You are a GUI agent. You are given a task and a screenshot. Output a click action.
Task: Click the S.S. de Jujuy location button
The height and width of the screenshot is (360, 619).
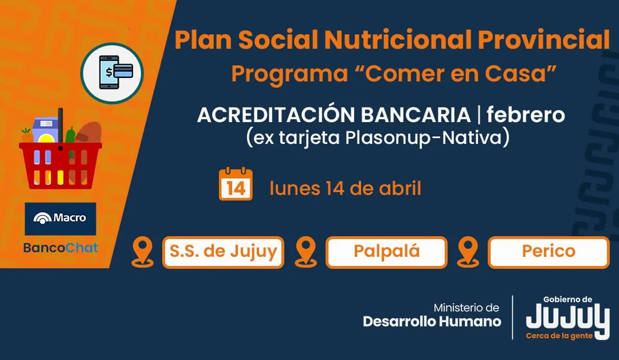coord(223,252)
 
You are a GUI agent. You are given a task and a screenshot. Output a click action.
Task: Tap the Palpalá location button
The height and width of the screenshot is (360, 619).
coord(386,252)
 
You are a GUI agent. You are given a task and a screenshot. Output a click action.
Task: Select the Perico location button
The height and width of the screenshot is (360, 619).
coord(549,252)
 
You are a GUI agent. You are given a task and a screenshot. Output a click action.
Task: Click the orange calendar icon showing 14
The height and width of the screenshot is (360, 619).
coord(236,184)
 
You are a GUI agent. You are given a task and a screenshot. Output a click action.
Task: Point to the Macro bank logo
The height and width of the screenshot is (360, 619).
coord(60,219)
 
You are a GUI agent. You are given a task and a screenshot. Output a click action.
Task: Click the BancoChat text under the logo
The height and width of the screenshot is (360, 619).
coord(60,248)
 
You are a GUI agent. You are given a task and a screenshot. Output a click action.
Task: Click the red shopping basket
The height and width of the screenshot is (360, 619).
coord(60,165)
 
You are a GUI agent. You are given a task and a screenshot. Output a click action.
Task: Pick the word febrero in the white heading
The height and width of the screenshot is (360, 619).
coord(526,114)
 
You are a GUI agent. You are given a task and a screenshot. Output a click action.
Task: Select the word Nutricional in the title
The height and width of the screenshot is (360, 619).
coord(398,40)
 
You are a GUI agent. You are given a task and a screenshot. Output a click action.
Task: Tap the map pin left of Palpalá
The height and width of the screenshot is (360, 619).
coord(305,252)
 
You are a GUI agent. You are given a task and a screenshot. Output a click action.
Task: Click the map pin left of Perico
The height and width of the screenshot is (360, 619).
coord(468,252)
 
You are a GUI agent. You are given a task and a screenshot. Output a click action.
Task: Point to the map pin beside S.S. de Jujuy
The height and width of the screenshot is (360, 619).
coord(142,252)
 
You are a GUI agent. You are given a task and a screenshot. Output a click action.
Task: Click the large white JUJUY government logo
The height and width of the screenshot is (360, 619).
coord(568,318)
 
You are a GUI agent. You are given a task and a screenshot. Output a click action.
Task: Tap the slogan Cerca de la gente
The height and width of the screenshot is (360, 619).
coord(559,336)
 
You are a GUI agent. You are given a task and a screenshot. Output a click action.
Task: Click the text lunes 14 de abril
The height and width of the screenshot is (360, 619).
coord(346,188)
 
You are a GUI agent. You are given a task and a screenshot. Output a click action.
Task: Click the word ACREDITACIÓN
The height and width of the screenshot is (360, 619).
coord(276,114)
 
